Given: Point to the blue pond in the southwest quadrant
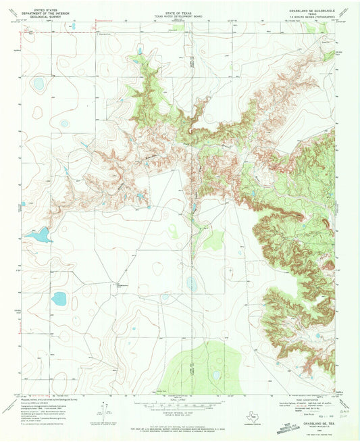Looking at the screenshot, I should [x=60, y=298].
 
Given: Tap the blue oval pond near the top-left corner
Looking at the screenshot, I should [x=38, y=84].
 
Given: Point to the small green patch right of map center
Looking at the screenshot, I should [x=214, y=239].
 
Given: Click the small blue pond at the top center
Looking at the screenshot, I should [x=140, y=51].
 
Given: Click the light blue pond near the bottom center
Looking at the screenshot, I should [x=216, y=375].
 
